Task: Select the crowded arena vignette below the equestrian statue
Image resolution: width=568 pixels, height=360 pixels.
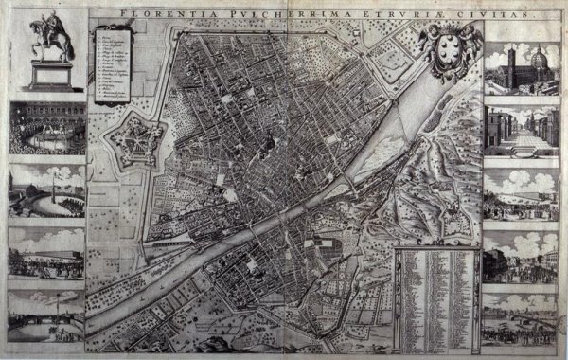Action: (x=46, y=127)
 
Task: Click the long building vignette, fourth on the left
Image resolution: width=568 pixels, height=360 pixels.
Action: (x=46, y=250)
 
